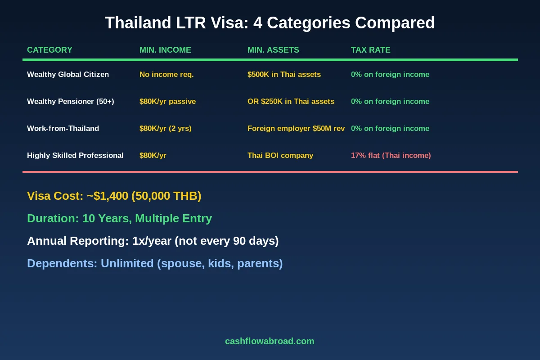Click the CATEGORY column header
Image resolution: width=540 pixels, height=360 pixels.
tap(49, 50)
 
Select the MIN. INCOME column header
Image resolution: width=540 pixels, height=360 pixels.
tap(165, 50)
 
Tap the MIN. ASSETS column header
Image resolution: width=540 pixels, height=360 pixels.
tap(273, 50)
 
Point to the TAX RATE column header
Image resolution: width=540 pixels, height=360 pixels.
tap(370, 50)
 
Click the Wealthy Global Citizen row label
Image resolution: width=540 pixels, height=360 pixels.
tap(68, 74)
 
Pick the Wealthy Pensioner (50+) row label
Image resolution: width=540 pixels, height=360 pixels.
tap(71, 101)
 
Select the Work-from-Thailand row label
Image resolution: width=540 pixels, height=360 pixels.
tap(63, 128)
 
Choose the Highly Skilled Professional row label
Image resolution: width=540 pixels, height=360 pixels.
tap(75, 155)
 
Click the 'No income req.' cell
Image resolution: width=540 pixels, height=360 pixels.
tap(166, 74)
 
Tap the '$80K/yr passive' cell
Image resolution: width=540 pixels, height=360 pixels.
tap(167, 101)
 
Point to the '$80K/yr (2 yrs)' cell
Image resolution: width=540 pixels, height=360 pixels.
tap(166, 128)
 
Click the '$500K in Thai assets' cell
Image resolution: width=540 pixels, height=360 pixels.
tap(284, 74)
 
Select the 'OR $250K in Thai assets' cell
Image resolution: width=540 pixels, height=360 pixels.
tap(291, 101)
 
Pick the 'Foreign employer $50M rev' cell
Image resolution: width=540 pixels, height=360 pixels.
tap(296, 128)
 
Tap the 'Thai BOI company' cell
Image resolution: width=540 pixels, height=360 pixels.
tap(280, 155)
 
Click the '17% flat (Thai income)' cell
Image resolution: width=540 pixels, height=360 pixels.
tap(391, 155)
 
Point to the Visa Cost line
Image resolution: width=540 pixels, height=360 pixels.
tap(114, 196)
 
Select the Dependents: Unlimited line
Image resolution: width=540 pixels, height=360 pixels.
tap(155, 263)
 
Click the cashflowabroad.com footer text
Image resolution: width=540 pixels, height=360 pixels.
tap(270, 341)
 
